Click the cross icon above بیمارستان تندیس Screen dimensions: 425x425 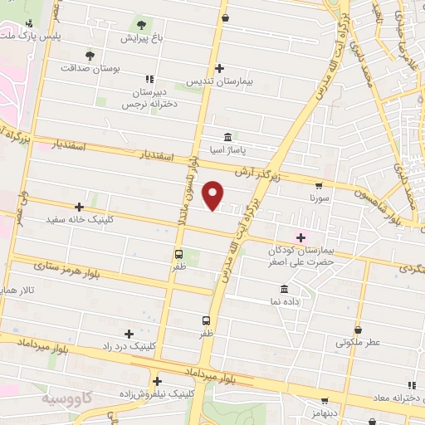219,68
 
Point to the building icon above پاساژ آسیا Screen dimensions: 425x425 227,137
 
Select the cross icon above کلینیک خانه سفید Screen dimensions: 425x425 80,207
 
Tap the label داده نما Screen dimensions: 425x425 285,302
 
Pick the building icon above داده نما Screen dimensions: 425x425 285,289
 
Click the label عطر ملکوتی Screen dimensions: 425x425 358,341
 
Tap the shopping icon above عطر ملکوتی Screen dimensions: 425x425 358,329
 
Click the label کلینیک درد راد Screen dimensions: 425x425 129,345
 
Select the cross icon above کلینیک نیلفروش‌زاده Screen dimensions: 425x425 156,381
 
